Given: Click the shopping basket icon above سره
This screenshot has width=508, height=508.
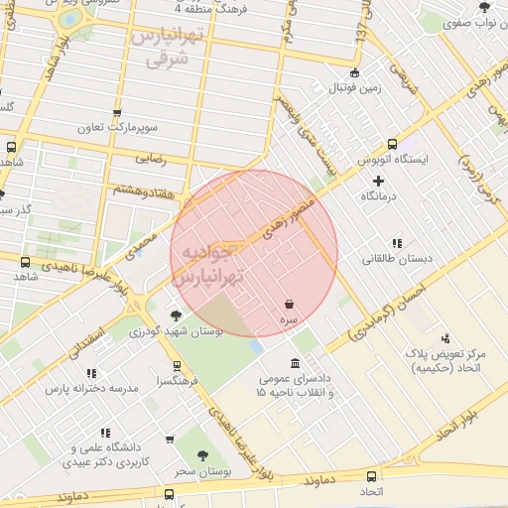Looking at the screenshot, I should tap(289, 304).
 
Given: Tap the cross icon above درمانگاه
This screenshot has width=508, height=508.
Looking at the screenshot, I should tap(378, 181).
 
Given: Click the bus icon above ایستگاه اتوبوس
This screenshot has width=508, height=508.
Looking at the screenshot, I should tap(392, 143).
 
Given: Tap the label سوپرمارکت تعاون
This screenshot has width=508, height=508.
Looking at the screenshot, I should tap(118, 129).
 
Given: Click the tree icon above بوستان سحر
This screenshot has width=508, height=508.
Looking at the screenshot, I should tap(202, 456).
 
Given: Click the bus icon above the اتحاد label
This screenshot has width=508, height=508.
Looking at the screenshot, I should tap(371, 476).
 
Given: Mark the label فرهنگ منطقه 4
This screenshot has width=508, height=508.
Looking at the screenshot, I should tap(208, 8).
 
